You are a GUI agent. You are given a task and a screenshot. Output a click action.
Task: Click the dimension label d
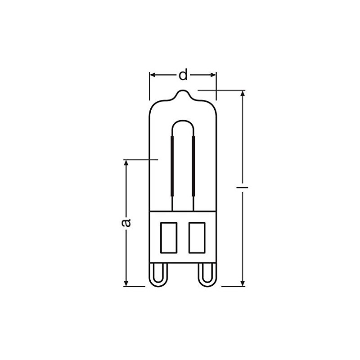point(183,74)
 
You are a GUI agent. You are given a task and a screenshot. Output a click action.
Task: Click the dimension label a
point(126,223)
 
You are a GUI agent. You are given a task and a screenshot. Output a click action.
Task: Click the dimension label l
point(243,187)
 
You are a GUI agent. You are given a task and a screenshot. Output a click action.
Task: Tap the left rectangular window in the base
point(169,238)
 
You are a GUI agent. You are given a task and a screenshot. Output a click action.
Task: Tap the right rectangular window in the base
point(197,238)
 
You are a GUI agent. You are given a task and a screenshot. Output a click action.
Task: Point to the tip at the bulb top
point(183,90)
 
